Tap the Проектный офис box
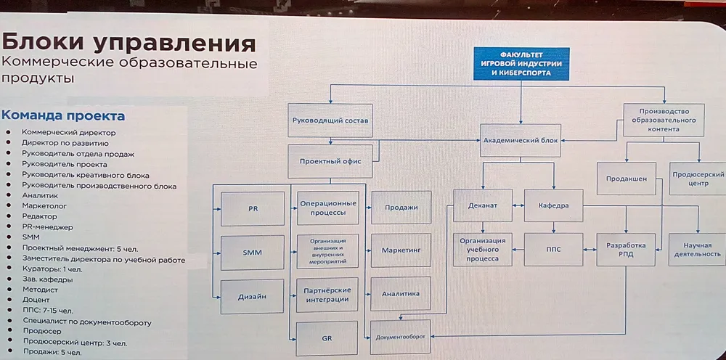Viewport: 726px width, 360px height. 330,161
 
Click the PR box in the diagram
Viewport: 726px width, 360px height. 252,208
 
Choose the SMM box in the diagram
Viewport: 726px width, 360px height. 252,252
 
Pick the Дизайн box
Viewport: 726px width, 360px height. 252,296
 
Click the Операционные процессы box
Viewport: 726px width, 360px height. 328,208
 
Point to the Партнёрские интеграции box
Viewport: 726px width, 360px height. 328,294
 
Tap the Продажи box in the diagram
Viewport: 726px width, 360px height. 400,208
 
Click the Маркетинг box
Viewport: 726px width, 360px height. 401,250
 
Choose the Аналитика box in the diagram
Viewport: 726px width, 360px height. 401,294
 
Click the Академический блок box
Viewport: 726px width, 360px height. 521,142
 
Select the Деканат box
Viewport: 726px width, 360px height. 484,205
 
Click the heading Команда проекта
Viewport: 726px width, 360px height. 63,115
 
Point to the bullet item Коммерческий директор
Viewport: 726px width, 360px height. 69,133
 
